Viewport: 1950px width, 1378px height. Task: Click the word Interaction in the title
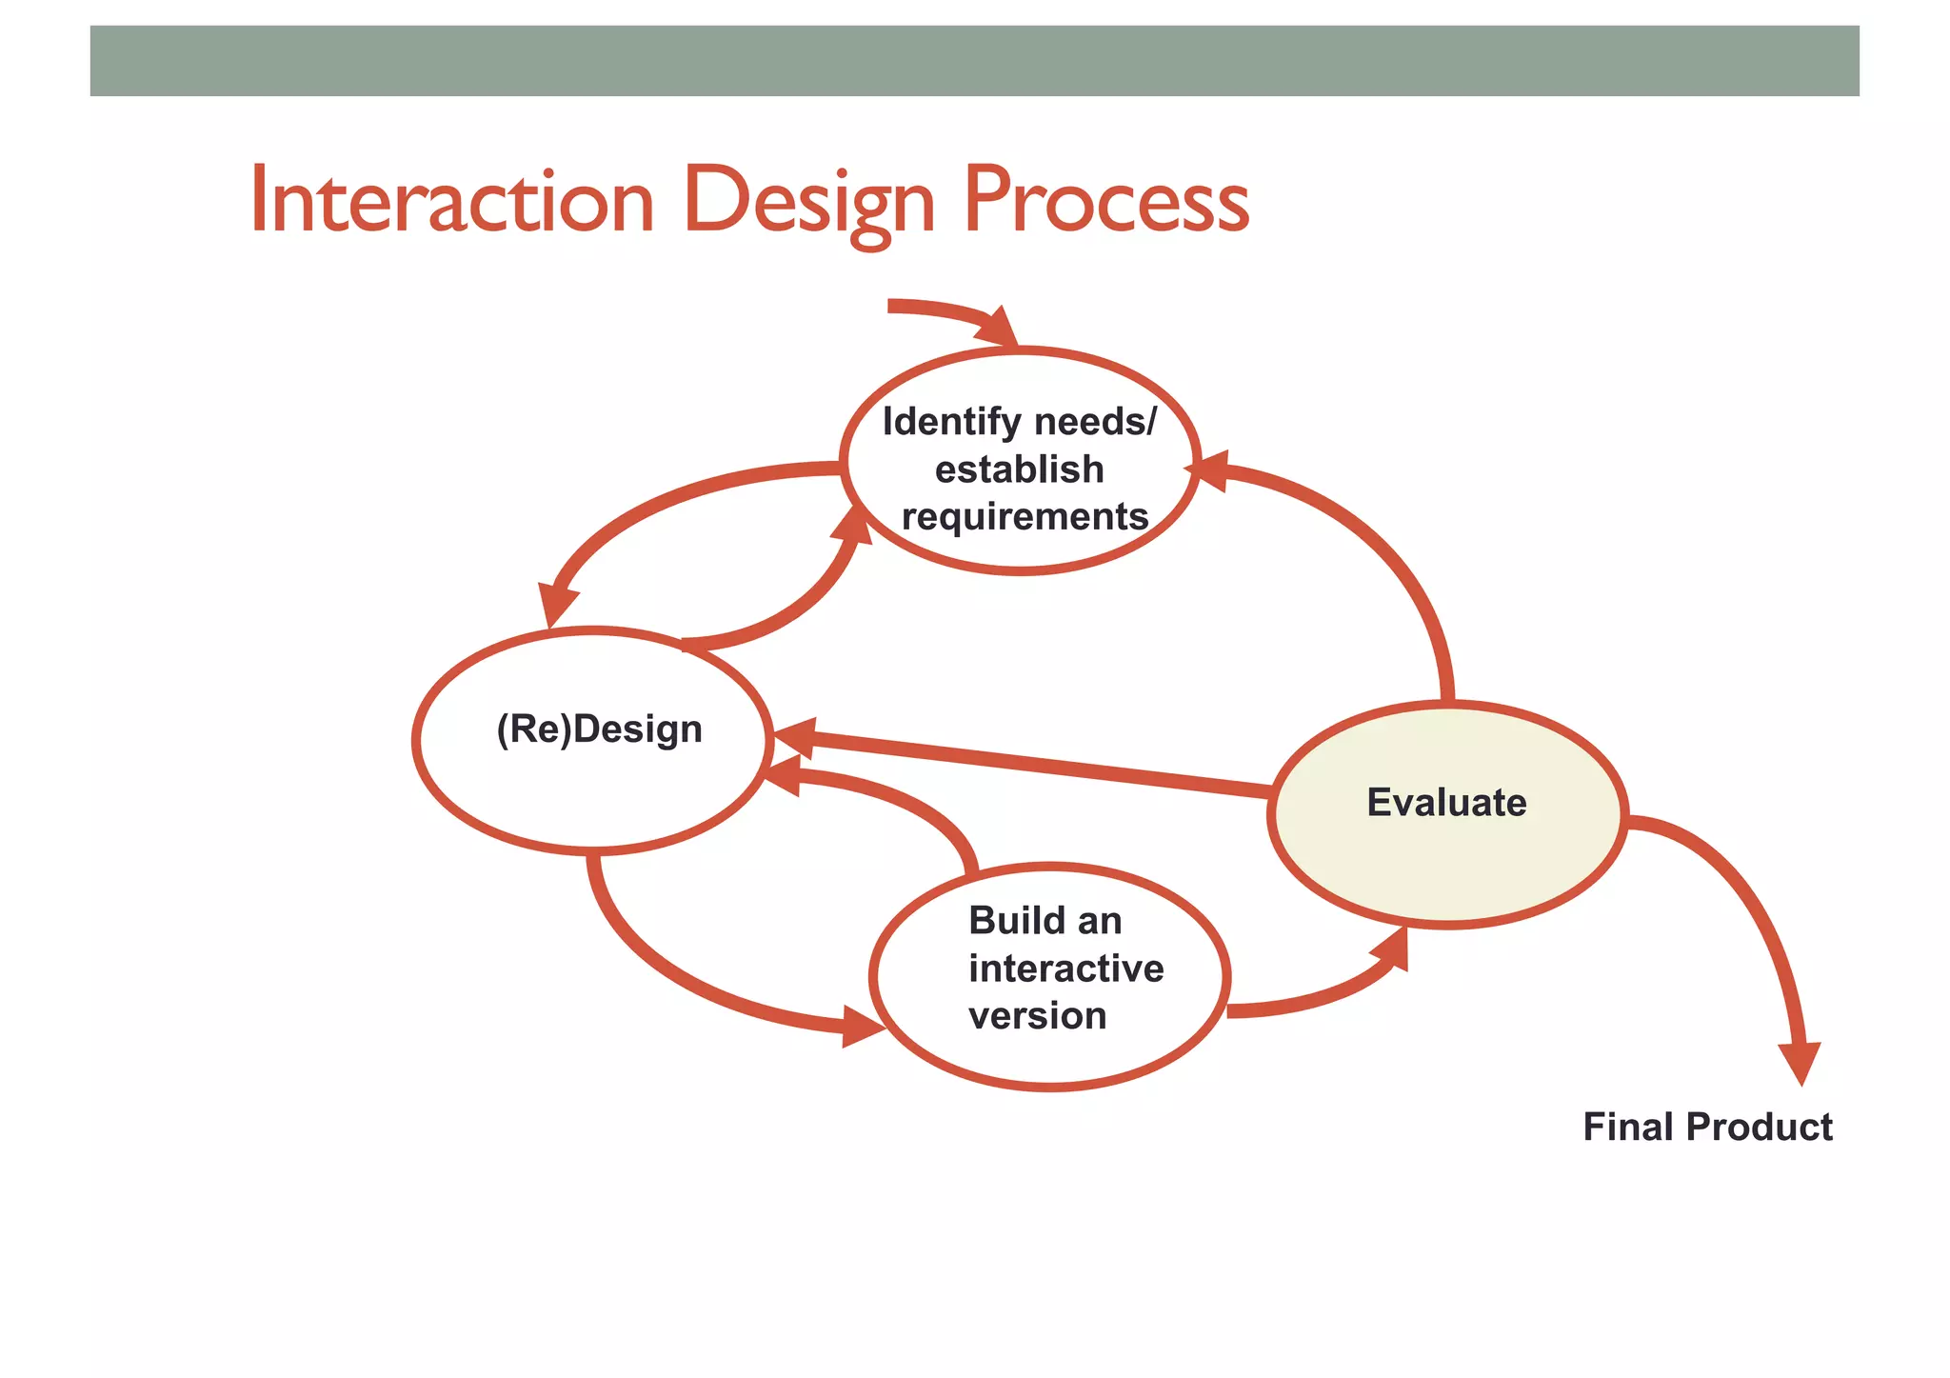(451, 201)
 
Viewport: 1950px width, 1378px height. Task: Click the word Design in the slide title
(808, 201)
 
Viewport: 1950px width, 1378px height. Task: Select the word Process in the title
(1105, 201)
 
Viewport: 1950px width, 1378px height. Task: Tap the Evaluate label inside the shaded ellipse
(1446, 803)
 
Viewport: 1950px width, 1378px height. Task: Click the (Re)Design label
(599, 729)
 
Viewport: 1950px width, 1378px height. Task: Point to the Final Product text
(1707, 1128)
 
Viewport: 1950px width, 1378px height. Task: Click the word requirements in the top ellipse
(1025, 517)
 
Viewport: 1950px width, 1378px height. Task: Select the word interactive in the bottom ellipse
(1065, 969)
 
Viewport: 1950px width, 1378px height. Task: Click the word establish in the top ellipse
(1019, 469)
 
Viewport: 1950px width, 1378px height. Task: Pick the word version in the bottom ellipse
(1037, 1016)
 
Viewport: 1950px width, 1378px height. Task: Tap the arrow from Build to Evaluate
(1323, 995)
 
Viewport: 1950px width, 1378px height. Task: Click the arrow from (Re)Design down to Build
(686, 981)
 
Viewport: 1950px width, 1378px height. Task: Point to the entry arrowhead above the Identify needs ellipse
(1000, 329)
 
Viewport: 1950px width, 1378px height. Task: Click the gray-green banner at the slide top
(974, 61)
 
